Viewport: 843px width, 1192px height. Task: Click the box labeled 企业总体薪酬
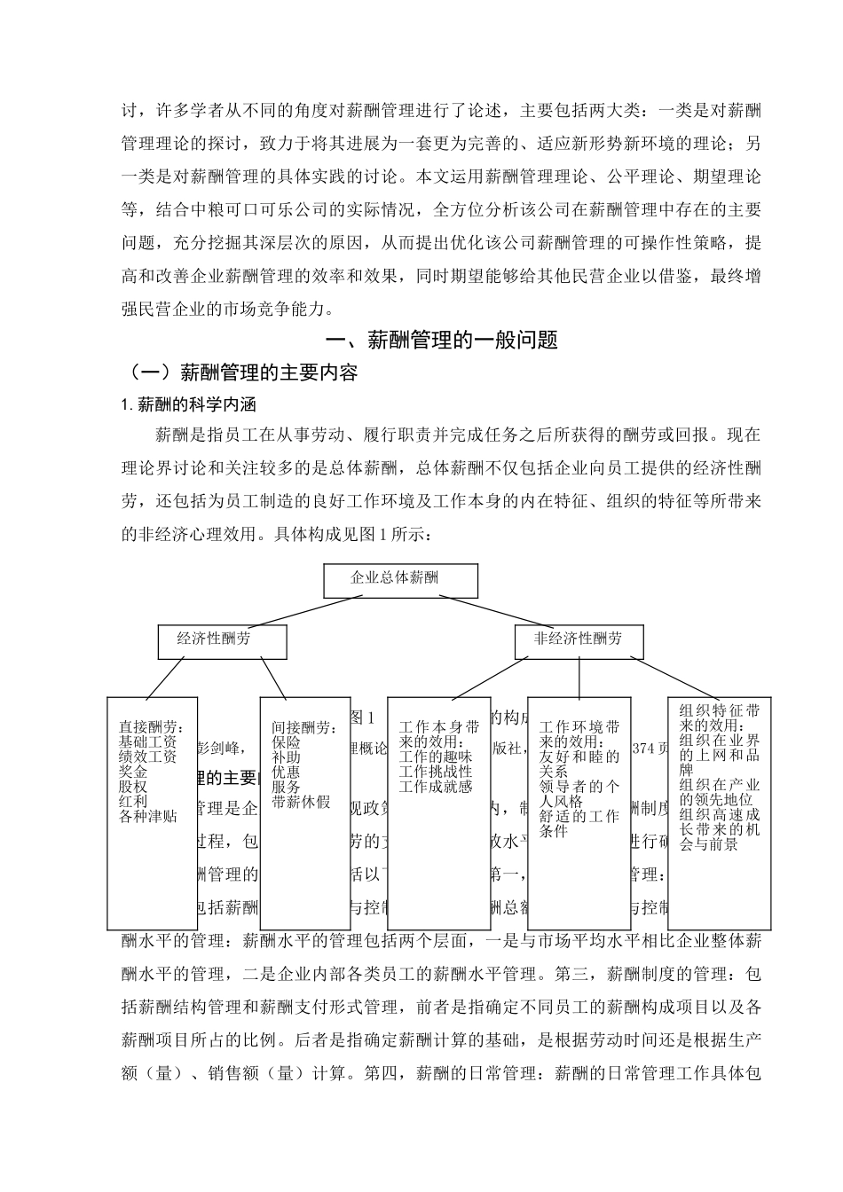[x=401, y=580]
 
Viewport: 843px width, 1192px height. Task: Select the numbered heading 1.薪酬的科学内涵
[x=189, y=405]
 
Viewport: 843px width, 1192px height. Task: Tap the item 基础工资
[x=147, y=741]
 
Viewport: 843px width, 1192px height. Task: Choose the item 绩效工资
[x=147, y=757]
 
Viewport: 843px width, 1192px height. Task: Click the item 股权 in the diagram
[x=133, y=787]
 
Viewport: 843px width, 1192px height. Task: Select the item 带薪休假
[x=301, y=802]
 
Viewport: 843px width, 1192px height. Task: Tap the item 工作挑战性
[x=436, y=772]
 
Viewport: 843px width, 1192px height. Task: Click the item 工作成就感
[x=436, y=786]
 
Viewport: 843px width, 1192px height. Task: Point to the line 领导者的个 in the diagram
[x=579, y=787]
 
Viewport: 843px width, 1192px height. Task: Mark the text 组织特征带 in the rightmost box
[x=719, y=711]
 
